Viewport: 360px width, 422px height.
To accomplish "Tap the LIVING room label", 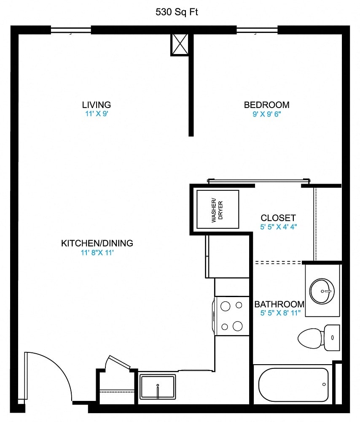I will pos(97,105).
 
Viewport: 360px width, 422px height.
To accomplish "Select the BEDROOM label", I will pos(266,105).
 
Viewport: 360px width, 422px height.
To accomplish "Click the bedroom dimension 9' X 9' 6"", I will pos(266,114).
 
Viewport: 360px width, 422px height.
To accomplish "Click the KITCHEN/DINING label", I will pos(97,243).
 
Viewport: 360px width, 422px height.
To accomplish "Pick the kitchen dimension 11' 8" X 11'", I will pos(97,253).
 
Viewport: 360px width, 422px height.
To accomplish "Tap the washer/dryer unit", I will pos(218,209).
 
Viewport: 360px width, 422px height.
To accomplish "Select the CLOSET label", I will pos(278,218).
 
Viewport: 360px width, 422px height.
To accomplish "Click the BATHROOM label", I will pos(279,304).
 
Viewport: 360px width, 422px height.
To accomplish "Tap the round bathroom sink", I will pos(322,290).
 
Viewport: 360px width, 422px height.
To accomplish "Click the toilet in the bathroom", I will pos(318,338).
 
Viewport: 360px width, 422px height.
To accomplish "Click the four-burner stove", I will pos(232,315).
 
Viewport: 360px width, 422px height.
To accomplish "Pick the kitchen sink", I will pos(158,387).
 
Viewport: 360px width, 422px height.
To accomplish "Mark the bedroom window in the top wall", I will pos(257,30).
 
